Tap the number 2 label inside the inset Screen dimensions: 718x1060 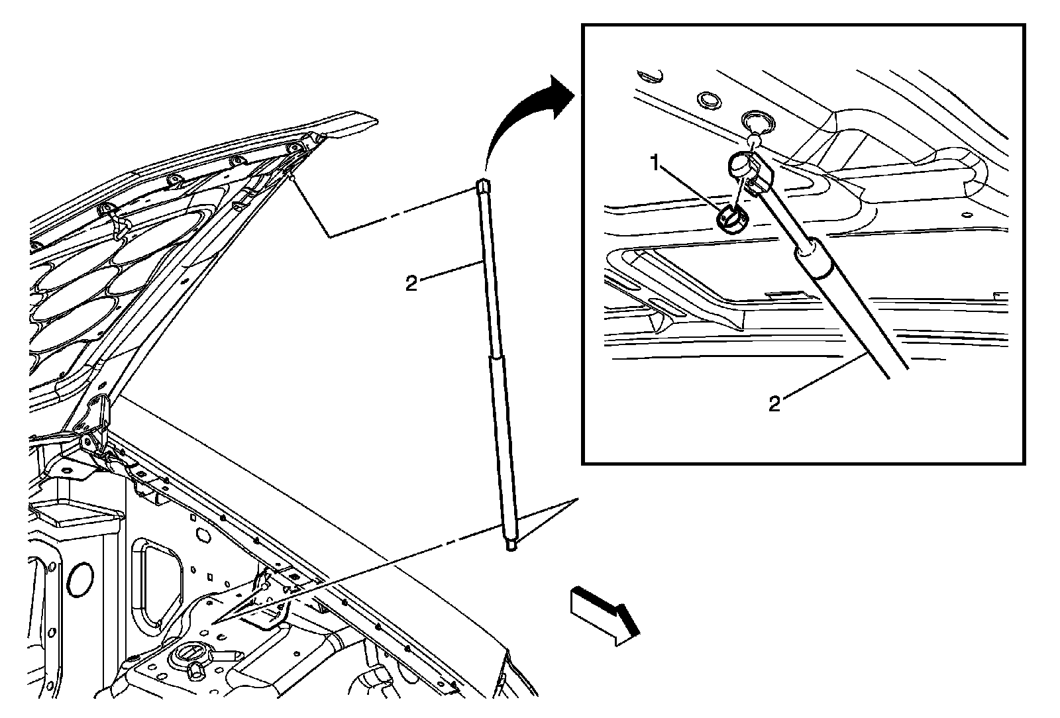click(x=774, y=404)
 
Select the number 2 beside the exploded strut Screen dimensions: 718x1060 click(x=411, y=284)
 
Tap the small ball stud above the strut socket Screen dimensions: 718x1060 click(x=753, y=140)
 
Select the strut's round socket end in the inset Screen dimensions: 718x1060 click(x=741, y=163)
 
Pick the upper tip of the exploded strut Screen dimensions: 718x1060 click(x=482, y=186)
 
